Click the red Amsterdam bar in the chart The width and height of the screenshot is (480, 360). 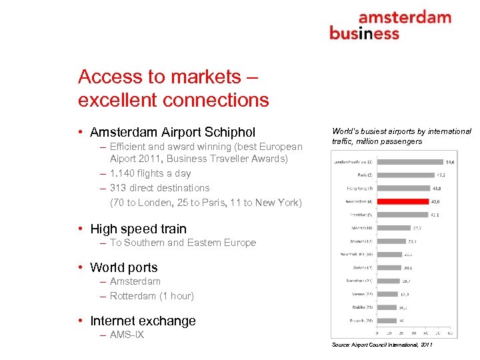click(x=402, y=200)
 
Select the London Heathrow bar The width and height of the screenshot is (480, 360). click(x=409, y=161)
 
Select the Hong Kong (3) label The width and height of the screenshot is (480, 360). click(x=360, y=187)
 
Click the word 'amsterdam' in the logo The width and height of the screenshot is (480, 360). click(x=404, y=18)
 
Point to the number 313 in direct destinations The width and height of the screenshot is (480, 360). click(x=118, y=188)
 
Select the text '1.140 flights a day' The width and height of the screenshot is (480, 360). click(x=150, y=174)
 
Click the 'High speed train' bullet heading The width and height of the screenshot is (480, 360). click(x=138, y=229)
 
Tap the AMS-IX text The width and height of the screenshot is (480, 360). click(x=127, y=335)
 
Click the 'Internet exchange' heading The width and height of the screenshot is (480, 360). click(x=143, y=321)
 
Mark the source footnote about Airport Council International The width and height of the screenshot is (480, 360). click(x=381, y=345)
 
